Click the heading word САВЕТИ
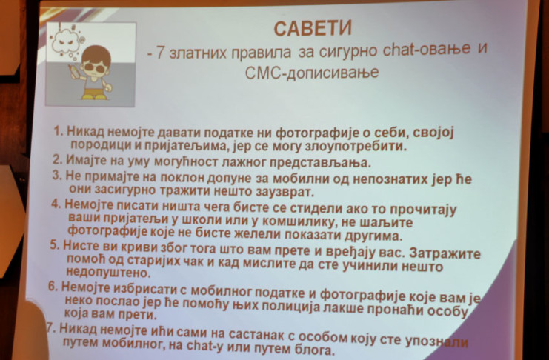(x=313, y=29)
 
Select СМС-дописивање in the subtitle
(x=312, y=73)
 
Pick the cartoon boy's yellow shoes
(x=94, y=96)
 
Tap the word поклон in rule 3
(x=182, y=178)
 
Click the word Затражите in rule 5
(x=445, y=253)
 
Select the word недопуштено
(x=108, y=272)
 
